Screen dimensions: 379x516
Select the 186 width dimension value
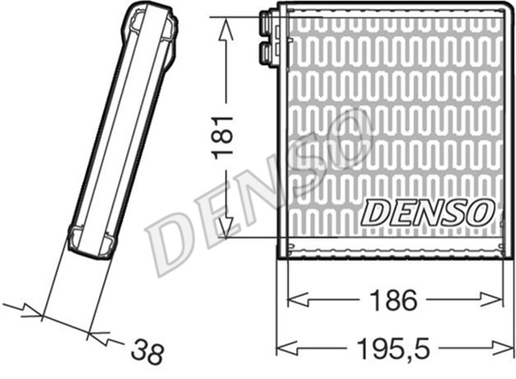[x=394, y=301]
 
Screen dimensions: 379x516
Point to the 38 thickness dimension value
[x=147, y=352]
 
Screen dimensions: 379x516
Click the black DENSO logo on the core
[x=427, y=212]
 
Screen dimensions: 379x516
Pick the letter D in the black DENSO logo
[x=376, y=213]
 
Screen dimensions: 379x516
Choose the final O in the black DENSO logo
[x=477, y=211]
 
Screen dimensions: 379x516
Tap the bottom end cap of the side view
[x=89, y=240]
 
